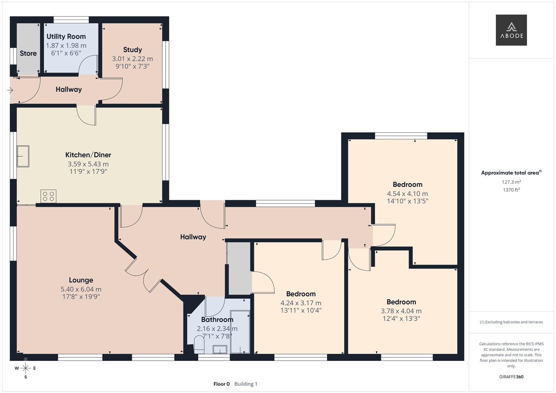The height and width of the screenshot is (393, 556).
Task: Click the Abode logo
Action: point(511,30)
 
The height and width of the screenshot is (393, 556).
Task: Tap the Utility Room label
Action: point(66,36)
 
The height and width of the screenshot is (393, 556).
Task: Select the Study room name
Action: point(132,50)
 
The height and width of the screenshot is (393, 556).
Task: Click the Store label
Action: point(28,53)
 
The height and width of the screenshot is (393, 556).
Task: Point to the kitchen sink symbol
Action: point(23,156)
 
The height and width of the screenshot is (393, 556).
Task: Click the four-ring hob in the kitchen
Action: point(48,196)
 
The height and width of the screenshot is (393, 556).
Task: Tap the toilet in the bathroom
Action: point(199,344)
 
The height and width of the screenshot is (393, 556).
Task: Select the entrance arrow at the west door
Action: point(10,90)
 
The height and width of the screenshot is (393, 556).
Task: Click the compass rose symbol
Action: point(25,368)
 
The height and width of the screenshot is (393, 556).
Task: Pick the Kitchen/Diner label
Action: point(88,155)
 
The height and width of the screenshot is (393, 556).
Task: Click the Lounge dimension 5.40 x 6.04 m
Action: point(81,289)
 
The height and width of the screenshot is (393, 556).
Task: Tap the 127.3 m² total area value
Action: point(511,182)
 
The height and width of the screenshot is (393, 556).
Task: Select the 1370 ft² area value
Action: point(511,190)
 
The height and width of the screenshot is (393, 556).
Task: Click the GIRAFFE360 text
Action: point(511,377)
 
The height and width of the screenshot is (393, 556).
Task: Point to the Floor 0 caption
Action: point(221,384)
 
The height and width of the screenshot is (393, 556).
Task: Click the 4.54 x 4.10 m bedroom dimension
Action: point(407,194)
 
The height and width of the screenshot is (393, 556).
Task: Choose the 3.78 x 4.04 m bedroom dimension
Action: point(401,311)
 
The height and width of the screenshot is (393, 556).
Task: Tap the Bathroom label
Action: point(217,320)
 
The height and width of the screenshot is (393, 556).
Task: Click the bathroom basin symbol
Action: point(220,350)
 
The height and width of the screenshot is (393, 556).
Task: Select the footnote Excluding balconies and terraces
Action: point(511,322)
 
